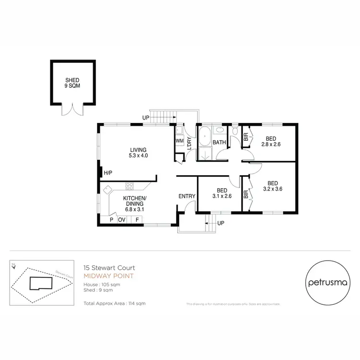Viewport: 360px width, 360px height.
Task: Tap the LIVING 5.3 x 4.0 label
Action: click(137, 153)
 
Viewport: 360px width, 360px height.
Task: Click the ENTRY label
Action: click(186, 196)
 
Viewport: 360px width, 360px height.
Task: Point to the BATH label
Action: click(219, 143)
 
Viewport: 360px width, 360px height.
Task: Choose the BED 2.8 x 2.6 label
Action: click(271, 141)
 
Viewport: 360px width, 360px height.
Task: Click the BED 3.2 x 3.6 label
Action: click(272, 186)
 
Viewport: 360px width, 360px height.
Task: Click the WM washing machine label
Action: click(180, 141)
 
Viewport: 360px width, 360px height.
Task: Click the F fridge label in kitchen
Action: click(137, 220)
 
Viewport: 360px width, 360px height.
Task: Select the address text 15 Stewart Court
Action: click(109, 268)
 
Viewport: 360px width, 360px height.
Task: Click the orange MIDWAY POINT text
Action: click(109, 276)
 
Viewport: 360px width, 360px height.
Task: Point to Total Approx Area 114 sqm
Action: click(114, 303)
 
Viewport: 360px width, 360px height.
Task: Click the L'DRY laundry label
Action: click(189, 143)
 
